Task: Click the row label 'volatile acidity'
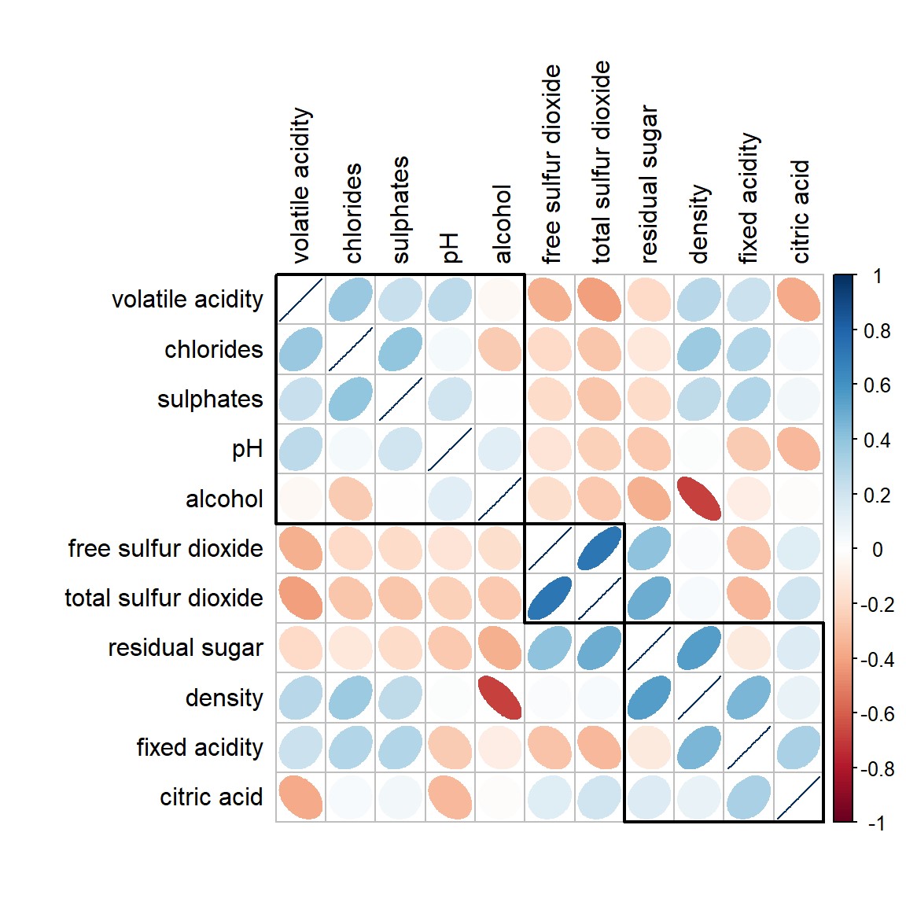tap(187, 300)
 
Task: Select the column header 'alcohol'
tap(501, 224)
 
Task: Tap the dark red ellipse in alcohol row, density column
tap(698, 499)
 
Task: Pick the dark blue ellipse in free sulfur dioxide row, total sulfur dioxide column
tap(599, 548)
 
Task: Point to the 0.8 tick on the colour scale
tap(877, 331)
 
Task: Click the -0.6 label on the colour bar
tap(877, 714)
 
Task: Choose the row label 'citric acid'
tap(211, 797)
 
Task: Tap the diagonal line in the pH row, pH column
tap(450, 449)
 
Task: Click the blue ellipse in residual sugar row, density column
tap(698, 648)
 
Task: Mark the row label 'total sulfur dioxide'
tap(164, 598)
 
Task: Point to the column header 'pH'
tap(450, 247)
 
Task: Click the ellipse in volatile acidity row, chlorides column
tap(350, 300)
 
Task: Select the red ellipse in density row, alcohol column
tap(499, 698)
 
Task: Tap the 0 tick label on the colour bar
tap(877, 550)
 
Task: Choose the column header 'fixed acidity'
tap(749, 198)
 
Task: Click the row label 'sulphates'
tap(210, 400)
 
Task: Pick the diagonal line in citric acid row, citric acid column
tap(798, 797)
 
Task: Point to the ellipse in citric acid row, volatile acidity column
tap(300, 797)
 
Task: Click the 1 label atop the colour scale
tap(877, 276)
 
